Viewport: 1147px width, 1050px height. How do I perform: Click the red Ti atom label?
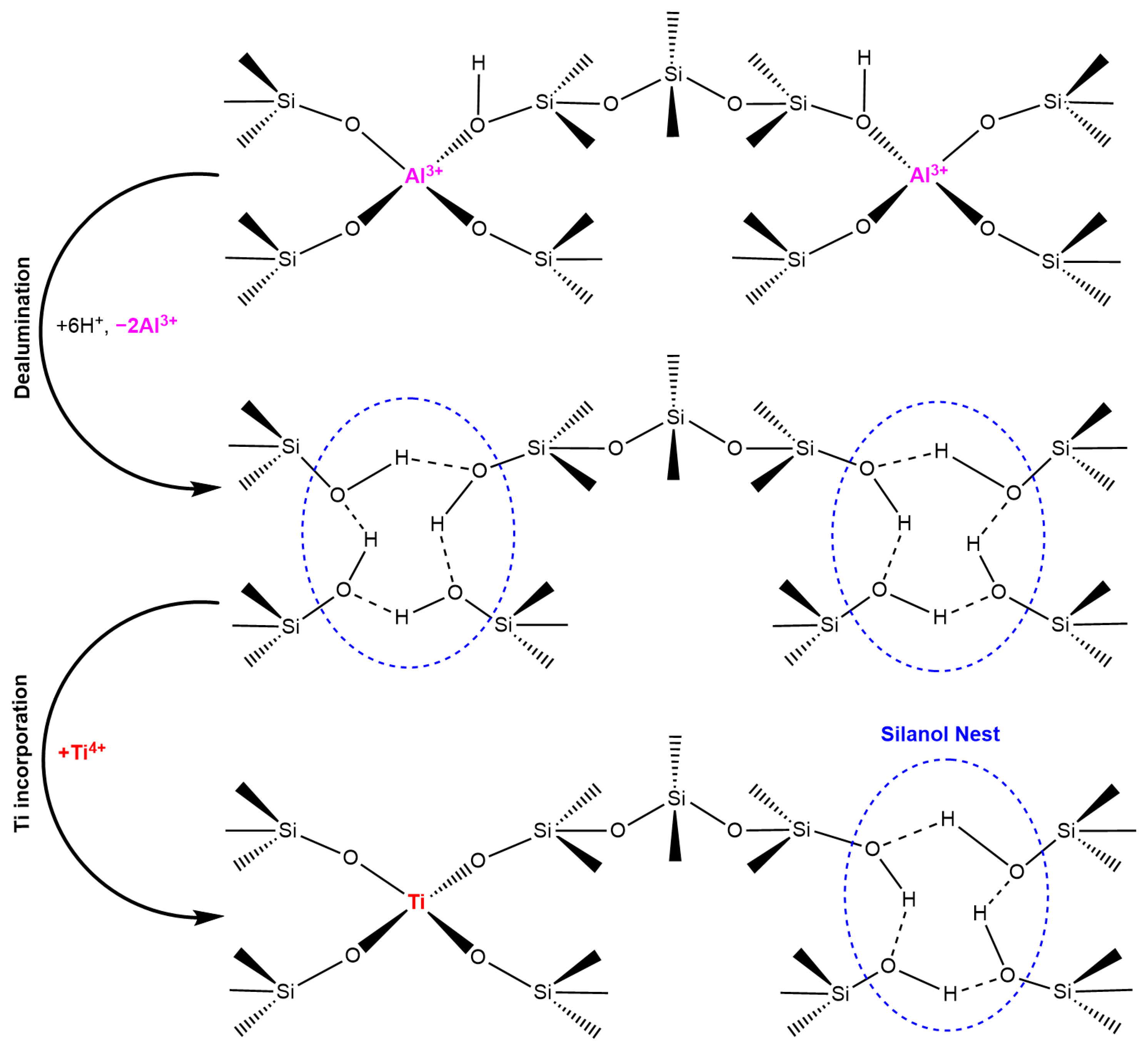(x=416, y=902)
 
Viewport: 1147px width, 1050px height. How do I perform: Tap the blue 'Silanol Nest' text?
(x=940, y=734)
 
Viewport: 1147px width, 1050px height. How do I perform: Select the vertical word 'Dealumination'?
(x=23, y=327)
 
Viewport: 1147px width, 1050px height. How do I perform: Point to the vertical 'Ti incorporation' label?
(x=22, y=754)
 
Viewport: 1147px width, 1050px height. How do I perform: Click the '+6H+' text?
(x=80, y=326)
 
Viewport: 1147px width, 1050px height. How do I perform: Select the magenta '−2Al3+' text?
(x=146, y=324)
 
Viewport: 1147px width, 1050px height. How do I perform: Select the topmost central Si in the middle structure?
(x=675, y=417)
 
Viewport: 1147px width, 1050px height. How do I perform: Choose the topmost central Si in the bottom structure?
(x=676, y=798)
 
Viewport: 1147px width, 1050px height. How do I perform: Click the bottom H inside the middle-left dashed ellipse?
(x=402, y=616)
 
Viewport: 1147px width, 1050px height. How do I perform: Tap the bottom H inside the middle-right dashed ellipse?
(x=940, y=616)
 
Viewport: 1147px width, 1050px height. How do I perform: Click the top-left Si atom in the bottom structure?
(x=288, y=830)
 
